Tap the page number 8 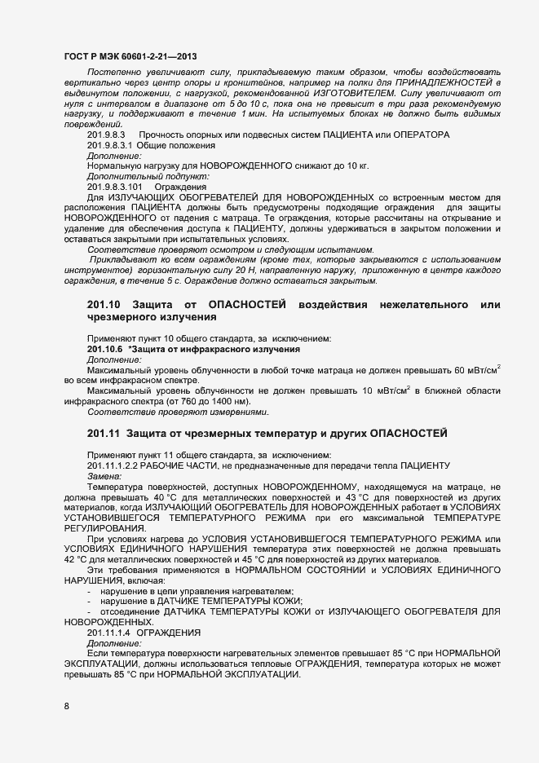[x=66, y=706]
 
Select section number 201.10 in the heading [x=104, y=304]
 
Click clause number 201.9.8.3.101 [x=115, y=186]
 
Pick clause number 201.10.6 [x=104, y=349]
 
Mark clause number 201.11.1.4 [x=108, y=632]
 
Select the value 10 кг [x=356, y=165]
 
